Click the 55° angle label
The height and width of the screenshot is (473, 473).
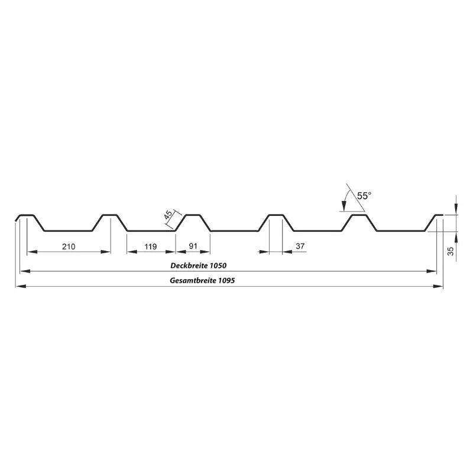[364, 195]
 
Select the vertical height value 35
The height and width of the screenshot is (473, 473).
[451, 251]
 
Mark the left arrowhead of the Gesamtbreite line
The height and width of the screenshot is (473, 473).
[19, 286]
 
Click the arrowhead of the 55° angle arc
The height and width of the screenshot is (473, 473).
[344, 207]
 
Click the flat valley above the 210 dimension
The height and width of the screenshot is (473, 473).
[68, 231]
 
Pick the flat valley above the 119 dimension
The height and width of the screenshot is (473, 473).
[151, 231]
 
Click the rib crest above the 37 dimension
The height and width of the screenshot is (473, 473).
[276, 215]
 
